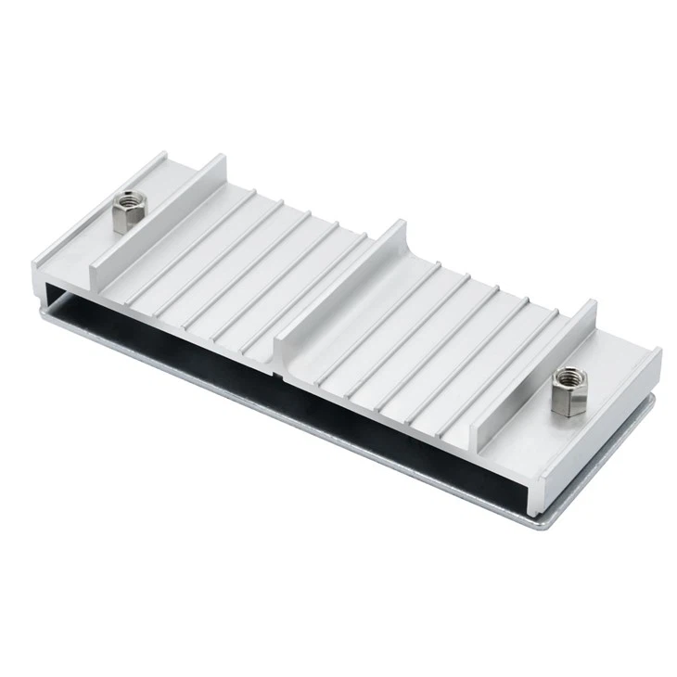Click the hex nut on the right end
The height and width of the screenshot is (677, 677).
(x=565, y=392)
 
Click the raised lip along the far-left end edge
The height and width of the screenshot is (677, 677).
(x=83, y=212)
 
